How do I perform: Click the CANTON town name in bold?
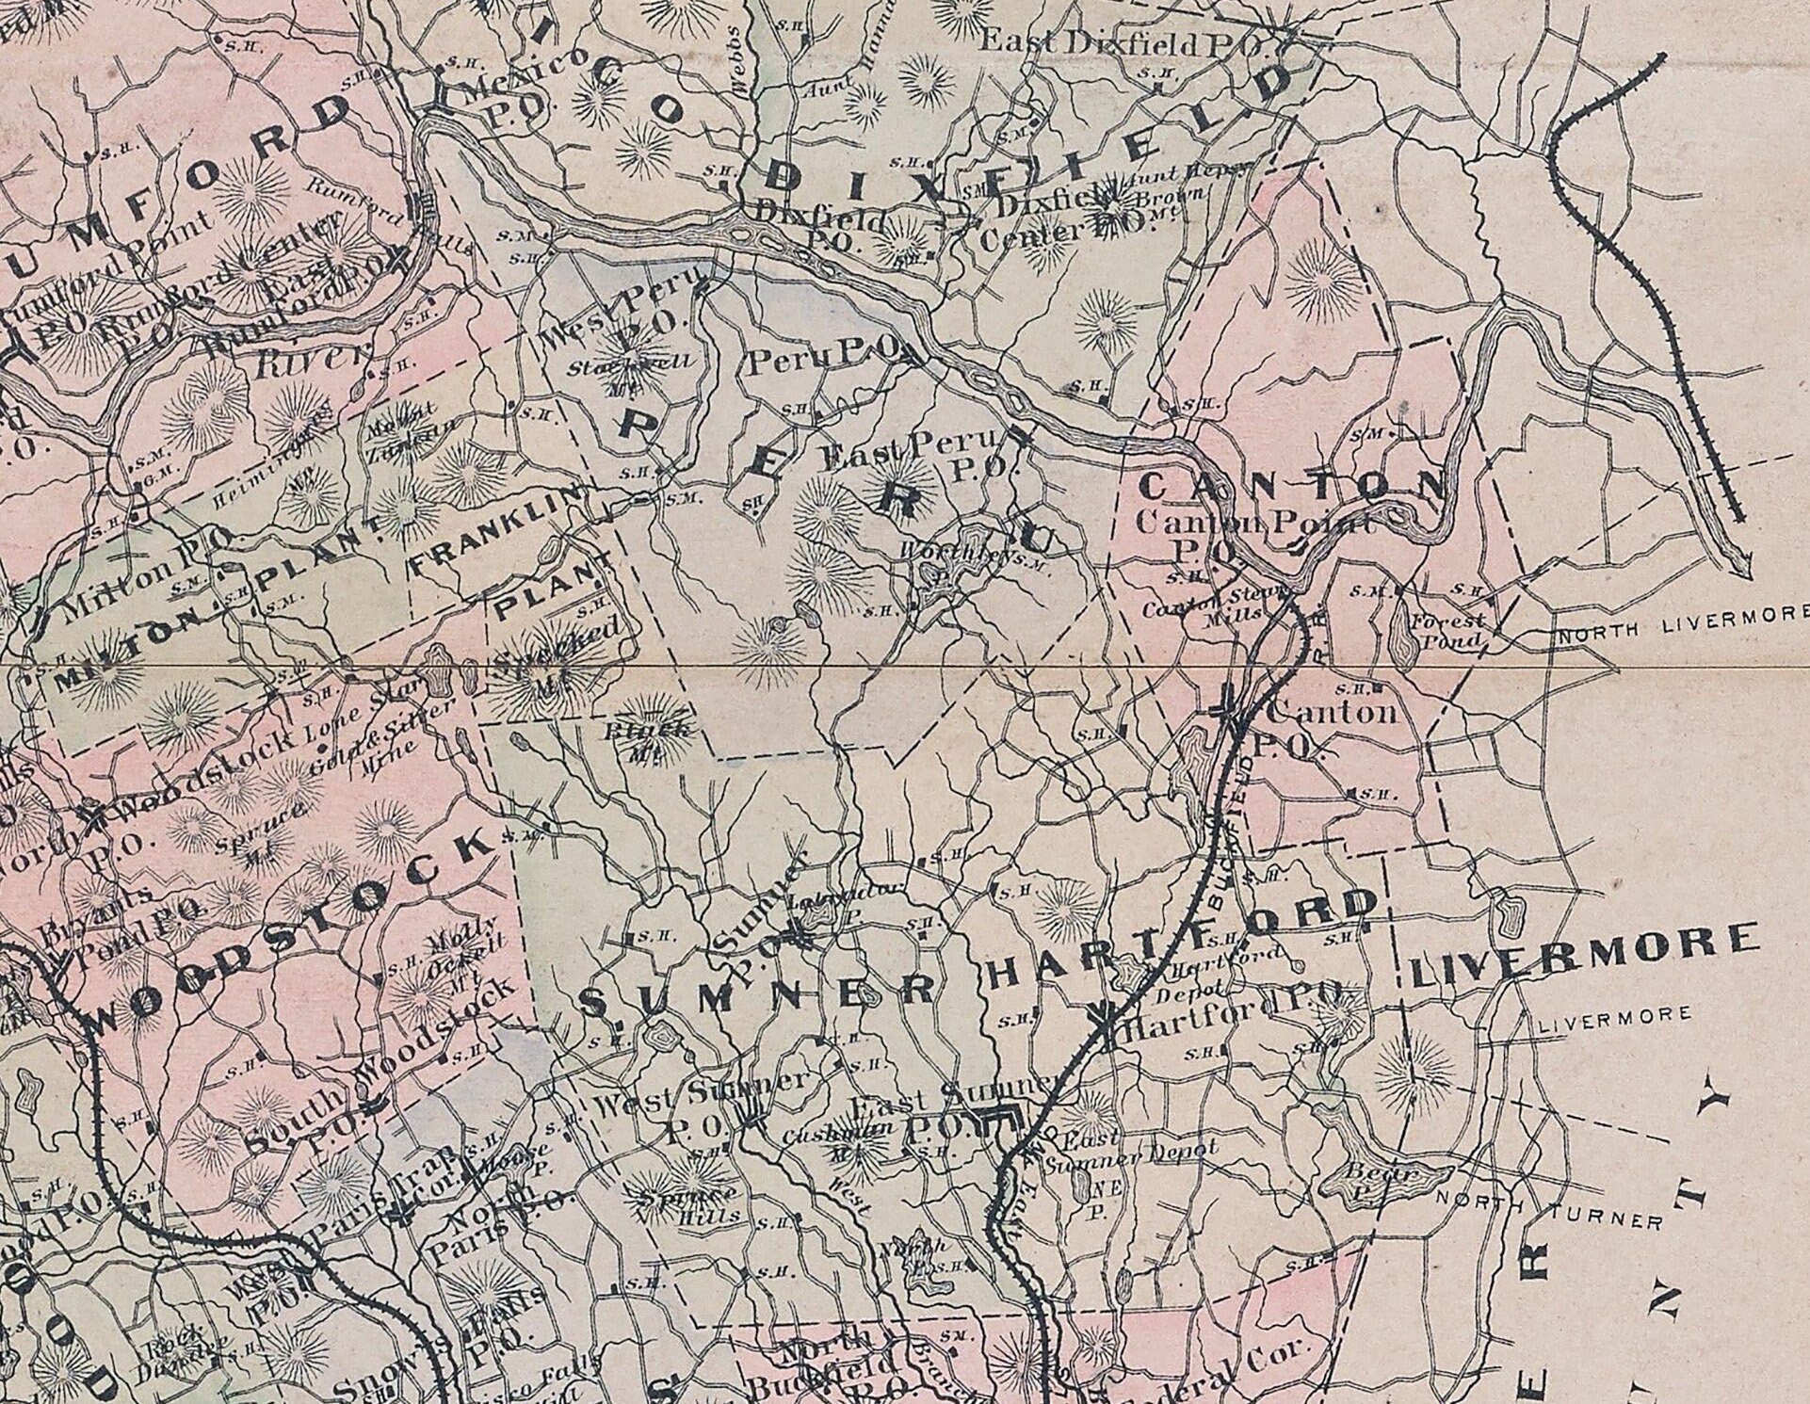click(1291, 486)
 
